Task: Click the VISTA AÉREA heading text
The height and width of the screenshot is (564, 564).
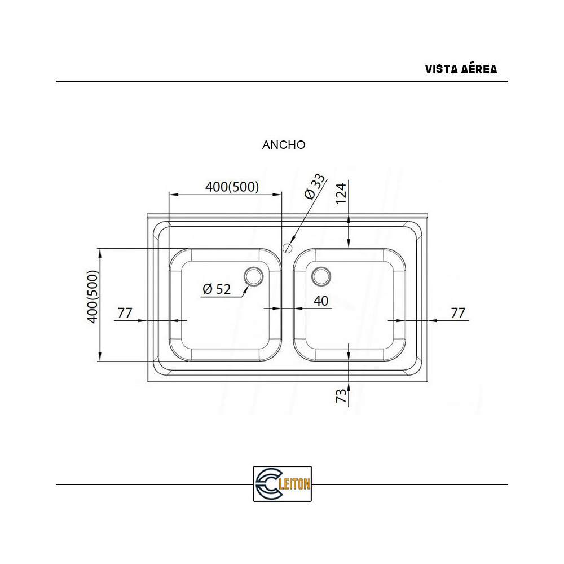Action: tap(461, 69)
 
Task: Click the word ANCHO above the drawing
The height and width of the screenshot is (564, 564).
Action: tap(284, 145)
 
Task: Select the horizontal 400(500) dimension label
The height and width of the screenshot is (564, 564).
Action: tap(232, 187)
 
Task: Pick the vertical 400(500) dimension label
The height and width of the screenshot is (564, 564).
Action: tap(93, 296)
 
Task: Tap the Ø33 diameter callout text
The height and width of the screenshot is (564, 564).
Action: tap(315, 187)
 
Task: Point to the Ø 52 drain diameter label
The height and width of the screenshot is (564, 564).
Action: tap(216, 289)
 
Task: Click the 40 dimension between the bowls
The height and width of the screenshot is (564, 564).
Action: tap(321, 301)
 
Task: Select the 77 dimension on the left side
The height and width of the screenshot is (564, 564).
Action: tap(125, 312)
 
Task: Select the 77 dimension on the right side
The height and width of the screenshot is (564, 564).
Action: tap(458, 312)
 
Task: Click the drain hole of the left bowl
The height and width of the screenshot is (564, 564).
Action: tap(253, 276)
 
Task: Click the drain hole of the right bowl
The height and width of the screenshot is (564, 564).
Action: tap(321, 276)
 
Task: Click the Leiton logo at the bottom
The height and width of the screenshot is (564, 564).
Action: tap(282, 484)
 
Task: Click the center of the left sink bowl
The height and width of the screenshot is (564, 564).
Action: tap(226, 305)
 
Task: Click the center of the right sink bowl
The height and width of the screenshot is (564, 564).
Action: tap(349, 305)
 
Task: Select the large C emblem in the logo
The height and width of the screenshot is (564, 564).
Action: tap(266, 484)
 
